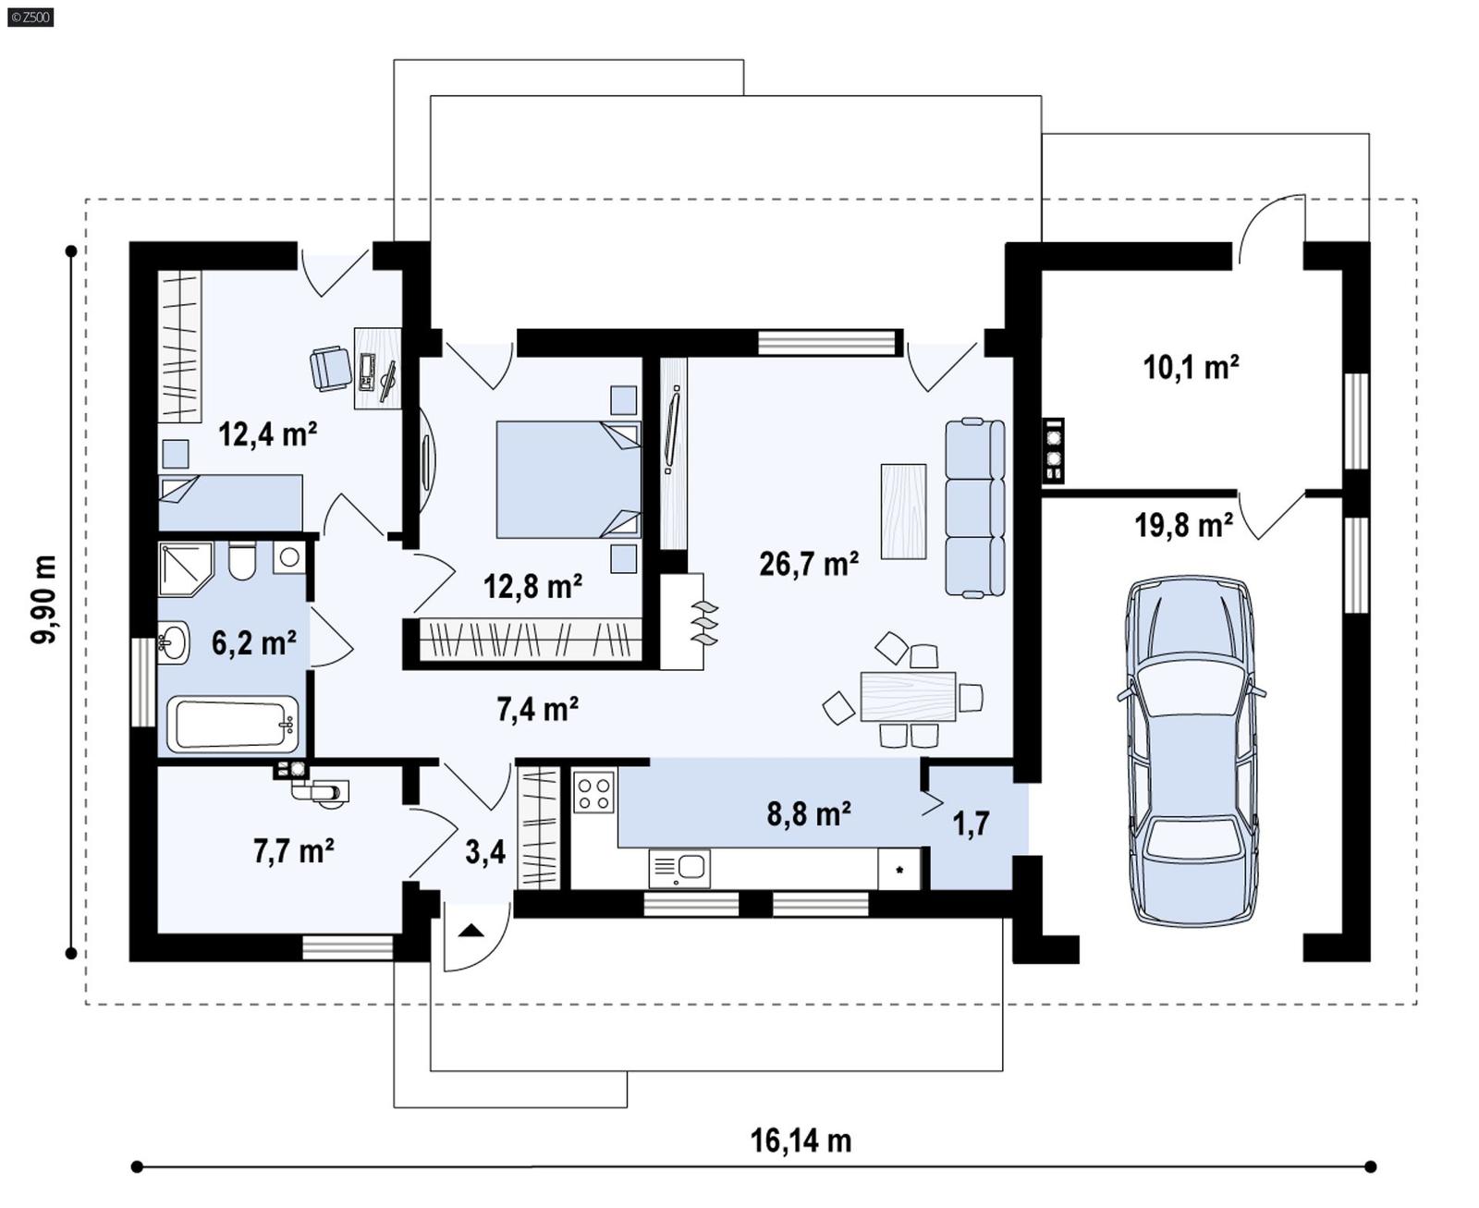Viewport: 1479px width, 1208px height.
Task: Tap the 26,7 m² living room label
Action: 809,563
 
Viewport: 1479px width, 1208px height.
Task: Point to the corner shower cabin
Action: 184,567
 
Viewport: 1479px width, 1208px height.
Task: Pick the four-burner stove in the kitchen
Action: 593,792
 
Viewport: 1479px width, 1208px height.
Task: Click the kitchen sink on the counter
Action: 680,868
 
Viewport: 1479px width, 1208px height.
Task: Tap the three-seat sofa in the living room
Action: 974,506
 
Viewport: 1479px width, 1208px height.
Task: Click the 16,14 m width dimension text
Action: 800,1141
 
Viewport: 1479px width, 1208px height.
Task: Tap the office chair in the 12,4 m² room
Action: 330,368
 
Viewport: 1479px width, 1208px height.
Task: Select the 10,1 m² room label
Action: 1191,368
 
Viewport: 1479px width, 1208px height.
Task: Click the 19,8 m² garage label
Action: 1183,526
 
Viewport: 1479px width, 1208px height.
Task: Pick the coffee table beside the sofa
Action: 903,511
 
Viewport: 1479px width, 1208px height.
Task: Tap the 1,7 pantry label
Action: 971,823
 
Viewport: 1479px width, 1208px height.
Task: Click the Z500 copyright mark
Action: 30,17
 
